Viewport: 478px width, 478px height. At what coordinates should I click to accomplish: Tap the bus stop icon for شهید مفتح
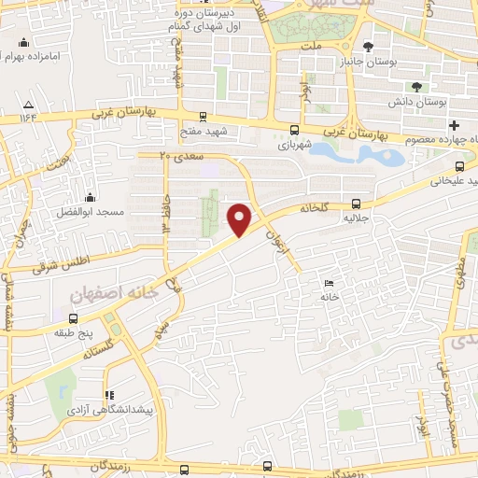coord(190,131)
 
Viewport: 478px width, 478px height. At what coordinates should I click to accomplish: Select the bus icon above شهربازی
coord(295,130)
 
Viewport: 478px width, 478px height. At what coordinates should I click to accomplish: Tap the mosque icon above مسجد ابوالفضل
coord(90,198)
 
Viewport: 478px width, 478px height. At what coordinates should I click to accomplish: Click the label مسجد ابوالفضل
coord(90,213)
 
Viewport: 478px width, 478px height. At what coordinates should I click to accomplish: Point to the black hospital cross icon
coord(454,125)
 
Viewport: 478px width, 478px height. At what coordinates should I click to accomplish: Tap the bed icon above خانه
coord(327,283)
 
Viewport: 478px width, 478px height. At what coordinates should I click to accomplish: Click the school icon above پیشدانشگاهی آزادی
coord(109,395)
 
